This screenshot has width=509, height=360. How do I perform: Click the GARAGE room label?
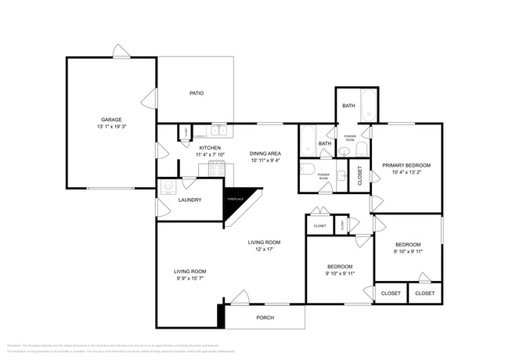tap(110, 119)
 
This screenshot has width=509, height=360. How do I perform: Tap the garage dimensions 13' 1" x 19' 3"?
tap(110, 127)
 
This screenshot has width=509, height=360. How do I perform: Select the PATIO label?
tap(197, 94)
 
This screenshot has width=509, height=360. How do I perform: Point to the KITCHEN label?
tap(210, 147)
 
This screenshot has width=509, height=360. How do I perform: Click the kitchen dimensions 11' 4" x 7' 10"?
tap(210, 155)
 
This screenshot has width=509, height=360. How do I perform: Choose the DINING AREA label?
tap(265, 153)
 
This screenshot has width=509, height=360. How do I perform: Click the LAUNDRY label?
tap(190, 200)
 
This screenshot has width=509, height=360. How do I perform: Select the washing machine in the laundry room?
tap(168, 189)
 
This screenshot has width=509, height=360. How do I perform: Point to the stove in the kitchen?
tap(210, 169)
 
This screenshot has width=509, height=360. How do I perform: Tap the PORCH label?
tap(265, 318)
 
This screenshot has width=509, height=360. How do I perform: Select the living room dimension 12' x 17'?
tap(265, 250)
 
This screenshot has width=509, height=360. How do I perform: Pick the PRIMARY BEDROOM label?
tap(406, 165)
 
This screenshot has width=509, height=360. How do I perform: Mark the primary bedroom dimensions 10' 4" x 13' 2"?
tap(406, 174)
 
